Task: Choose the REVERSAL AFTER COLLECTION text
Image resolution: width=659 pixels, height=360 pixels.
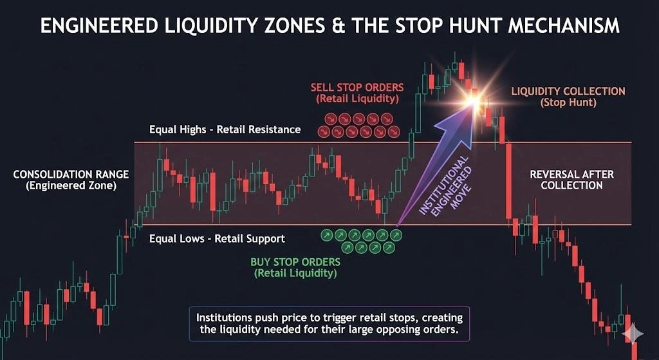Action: pos(571,180)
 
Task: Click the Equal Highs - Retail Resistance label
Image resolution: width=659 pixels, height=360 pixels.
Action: pos(225,129)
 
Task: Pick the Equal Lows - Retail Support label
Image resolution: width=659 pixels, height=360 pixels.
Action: pos(217,239)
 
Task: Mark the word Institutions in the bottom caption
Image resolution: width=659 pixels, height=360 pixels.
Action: pos(225,317)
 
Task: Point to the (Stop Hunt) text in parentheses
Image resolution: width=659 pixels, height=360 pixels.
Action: pos(568,102)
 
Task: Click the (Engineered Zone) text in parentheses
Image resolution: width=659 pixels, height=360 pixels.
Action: pos(71,186)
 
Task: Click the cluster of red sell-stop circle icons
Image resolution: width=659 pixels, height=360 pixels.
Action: pos(358,125)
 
